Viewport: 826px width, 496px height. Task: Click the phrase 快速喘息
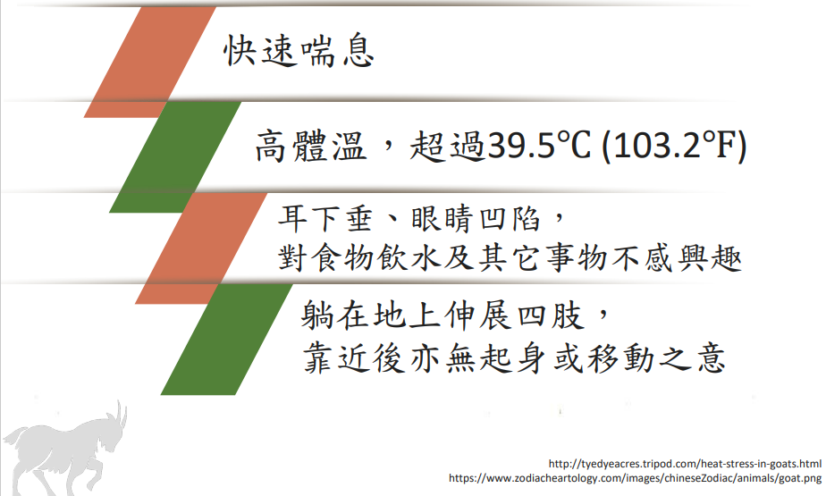[299, 51]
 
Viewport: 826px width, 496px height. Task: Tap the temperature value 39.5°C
[538, 146]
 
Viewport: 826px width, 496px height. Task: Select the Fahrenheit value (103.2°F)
[674, 146]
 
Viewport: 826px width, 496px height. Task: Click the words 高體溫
[311, 146]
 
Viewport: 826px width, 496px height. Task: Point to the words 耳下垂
[325, 219]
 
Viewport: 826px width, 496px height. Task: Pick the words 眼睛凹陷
[476, 219]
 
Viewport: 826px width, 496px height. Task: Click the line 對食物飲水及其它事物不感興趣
[510, 258]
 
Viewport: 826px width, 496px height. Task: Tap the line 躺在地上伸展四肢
[442, 315]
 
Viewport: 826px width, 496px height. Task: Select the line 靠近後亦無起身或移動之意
[514, 358]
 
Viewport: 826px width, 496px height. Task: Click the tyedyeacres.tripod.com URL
[685, 464]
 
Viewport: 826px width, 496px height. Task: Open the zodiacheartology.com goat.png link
[635, 478]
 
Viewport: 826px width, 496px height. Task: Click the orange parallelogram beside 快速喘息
[150, 63]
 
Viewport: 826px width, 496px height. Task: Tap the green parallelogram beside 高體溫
[175, 157]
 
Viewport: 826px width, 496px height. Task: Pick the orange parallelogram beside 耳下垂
[201, 248]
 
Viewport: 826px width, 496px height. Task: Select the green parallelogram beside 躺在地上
[226, 339]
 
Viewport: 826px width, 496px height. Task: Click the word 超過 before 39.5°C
[448, 146]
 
